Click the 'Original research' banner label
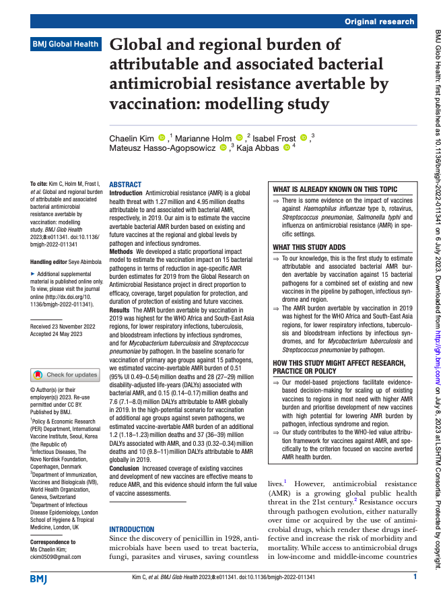(379, 22)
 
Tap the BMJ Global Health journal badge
(65, 44)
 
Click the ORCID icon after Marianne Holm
(240, 137)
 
